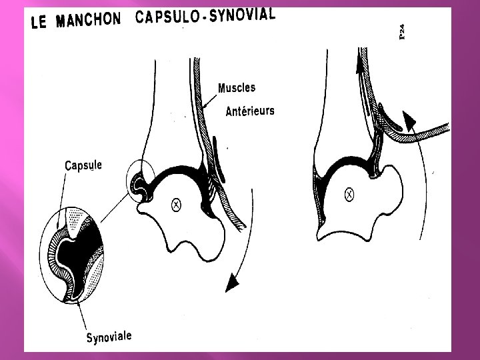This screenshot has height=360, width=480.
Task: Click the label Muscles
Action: (x=237, y=87)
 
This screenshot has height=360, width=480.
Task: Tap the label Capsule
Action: (x=83, y=165)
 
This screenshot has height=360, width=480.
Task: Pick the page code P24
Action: (x=403, y=31)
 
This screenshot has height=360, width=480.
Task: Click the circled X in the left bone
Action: (x=177, y=205)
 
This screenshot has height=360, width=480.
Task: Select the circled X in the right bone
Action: (x=348, y=195)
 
